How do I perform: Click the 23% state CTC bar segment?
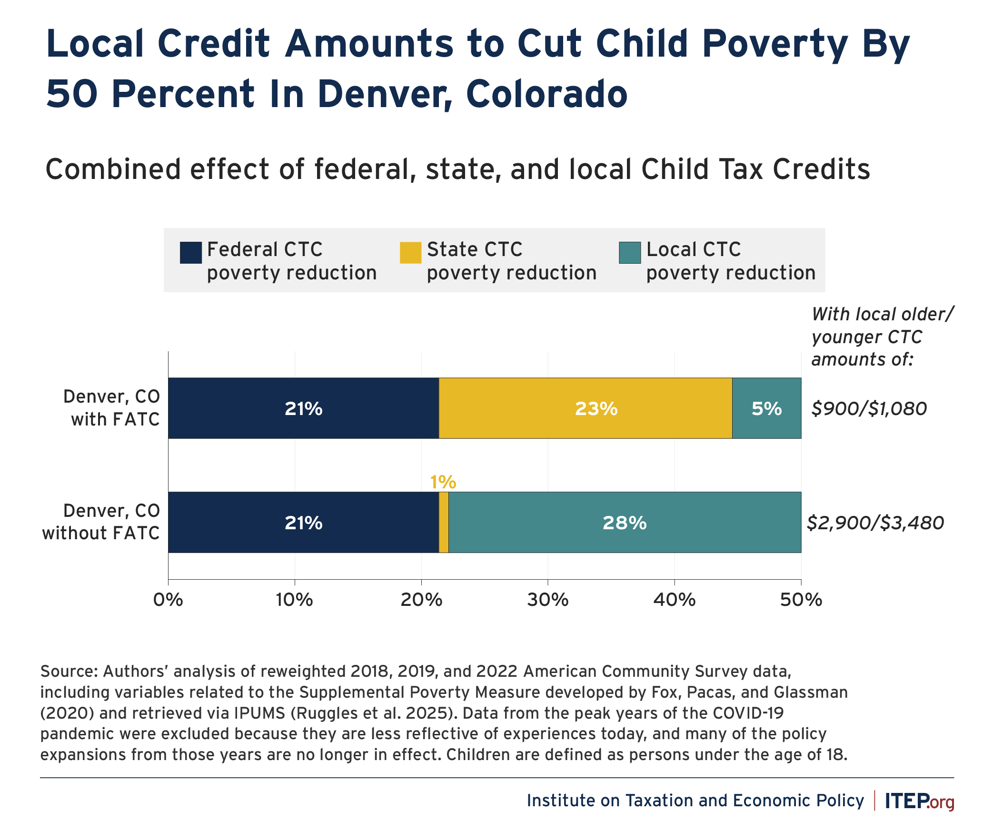coord(585,408)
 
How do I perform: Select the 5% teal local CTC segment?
coord(766,408)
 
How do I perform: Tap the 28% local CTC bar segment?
coord(625,522)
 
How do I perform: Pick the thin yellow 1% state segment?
coord(444,522)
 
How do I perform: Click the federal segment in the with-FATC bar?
coord(303,408)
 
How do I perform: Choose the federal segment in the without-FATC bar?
coord(303,522)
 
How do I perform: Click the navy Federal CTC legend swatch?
coord(190,253)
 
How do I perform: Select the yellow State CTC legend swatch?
coord(410,253)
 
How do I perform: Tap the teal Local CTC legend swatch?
coord(630,253)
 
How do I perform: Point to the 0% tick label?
coord(168,600)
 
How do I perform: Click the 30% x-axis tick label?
coord(548,600)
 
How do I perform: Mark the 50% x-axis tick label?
coord(801,600)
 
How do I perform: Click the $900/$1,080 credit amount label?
coord(869,409)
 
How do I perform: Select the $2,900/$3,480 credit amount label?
coord(875,523)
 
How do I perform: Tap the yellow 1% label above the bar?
coord(443,482)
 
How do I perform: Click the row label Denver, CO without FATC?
coord(101,522)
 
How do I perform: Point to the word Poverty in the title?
coord(775,44)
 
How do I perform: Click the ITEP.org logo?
coord(919,801)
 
